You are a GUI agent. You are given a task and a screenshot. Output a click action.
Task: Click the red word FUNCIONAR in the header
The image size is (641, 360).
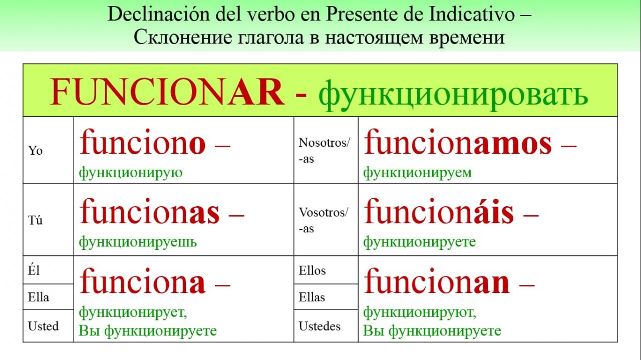click(167, 92)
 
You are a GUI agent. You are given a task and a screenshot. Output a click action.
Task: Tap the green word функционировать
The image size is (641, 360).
click(453, 95)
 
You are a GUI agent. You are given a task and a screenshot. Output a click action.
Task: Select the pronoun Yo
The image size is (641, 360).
click(35, 150)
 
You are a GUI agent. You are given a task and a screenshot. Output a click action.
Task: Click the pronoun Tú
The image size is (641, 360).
click(35, 220)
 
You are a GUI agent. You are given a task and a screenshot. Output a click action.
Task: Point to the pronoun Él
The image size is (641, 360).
click(34, 270)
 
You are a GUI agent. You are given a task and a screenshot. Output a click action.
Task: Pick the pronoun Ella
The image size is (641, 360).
click(39, 297)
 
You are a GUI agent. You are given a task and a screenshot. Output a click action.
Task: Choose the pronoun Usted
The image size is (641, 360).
click(43, 326)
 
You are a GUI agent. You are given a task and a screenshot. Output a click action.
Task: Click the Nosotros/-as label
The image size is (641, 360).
click(324, 151)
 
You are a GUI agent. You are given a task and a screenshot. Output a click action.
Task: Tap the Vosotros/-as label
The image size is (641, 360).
click(324, 220)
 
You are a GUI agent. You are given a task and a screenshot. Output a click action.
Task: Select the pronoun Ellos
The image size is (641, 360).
click(312, 270)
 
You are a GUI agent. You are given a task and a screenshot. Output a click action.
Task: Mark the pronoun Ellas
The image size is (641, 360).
click(312, 297)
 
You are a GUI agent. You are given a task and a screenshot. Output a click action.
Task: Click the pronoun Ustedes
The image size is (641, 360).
click(319, 326)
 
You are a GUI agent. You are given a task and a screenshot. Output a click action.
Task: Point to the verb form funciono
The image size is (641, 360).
click(143, 142)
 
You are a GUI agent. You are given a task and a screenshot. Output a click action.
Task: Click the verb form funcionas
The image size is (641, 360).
click(150, 211)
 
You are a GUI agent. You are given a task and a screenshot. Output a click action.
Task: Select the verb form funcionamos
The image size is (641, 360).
click(458, 142)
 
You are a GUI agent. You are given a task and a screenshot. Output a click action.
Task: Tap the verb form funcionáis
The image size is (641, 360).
click(439, 211)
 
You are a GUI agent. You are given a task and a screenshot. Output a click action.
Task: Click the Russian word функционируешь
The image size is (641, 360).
click(138, 242)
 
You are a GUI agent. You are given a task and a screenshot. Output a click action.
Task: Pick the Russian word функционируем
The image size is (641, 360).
click(418, 173)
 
